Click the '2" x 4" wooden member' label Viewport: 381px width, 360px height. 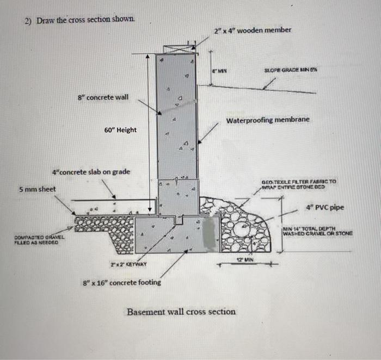[x=253, y=30]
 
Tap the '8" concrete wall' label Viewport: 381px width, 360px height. [x=103, y=97]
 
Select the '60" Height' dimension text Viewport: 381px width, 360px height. [x=120, y=130]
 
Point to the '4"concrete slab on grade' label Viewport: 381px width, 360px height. [x=91, y=172]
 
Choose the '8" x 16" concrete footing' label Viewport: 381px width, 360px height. [x=121, y=282]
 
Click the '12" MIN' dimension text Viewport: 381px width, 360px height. [x=243, y=260]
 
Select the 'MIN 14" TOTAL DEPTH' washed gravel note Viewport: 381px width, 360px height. [x=317, y=231]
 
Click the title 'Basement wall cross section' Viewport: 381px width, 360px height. [x=181, y=312]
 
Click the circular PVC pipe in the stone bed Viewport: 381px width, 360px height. [x=242, y=231]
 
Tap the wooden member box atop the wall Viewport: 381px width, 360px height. [x=178, y=48]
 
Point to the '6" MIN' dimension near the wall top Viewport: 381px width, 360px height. [x=219, y=71]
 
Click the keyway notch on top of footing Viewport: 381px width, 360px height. [x=178, y=221]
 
